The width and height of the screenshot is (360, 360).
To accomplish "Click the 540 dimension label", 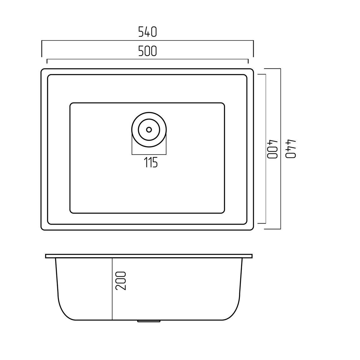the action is tap(147, 32).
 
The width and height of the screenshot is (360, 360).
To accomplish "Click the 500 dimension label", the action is tap(147, 51).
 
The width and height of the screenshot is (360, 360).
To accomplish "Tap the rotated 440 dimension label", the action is tap(291, 149).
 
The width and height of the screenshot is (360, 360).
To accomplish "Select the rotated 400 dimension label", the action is tap(273, 149).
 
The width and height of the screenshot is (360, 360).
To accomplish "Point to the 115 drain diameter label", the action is tap(151, 162).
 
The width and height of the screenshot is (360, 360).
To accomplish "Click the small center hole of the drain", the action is tap(149, 130).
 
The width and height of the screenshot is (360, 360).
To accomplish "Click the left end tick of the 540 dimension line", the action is tap(42, 49).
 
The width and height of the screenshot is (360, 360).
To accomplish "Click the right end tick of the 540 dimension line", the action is tap(253, 49).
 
